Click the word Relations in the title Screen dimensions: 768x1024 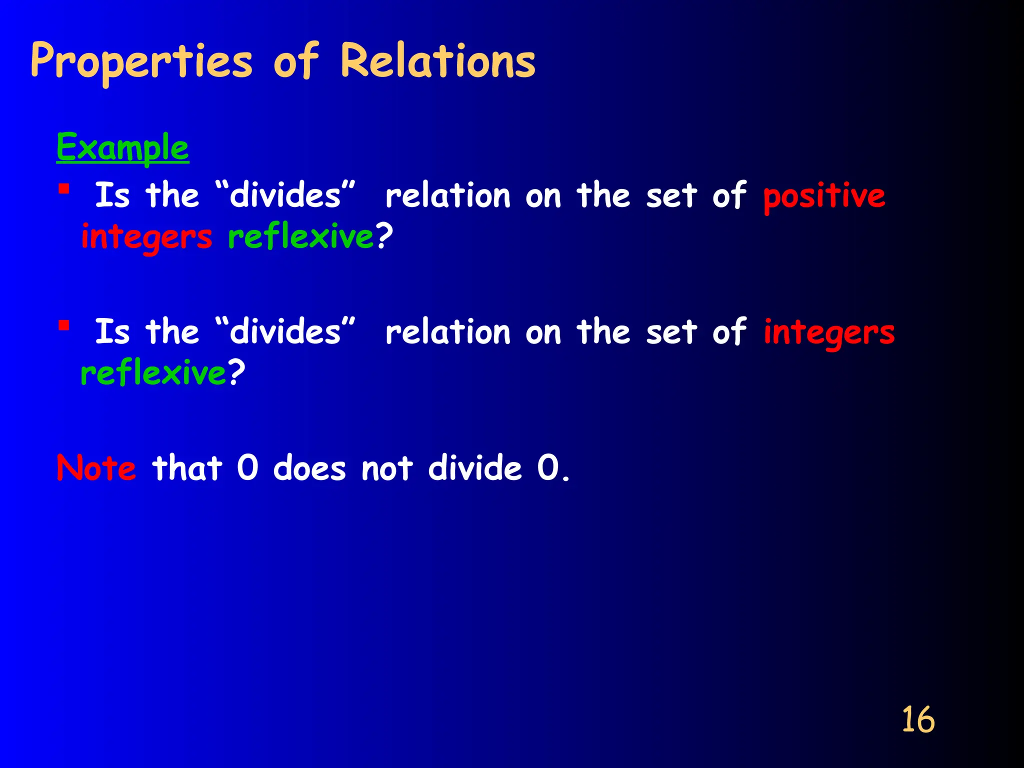(437, 61)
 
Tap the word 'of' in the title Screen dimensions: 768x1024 (296, 61)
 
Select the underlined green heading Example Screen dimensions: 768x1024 (122, 147)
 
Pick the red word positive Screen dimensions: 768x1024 (824, 196)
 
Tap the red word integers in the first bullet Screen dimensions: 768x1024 (146, 237)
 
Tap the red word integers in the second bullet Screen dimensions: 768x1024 (829, 332)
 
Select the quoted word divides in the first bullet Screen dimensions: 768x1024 (285, 195)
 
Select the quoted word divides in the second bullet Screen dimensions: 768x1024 (285, 331)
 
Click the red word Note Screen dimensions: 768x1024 (96, 468)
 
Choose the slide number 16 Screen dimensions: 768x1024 (917, 720)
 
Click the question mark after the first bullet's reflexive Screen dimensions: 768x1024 (384, 236)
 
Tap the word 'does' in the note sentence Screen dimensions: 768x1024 (309, 468)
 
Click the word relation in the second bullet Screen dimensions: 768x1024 (448, 332)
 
